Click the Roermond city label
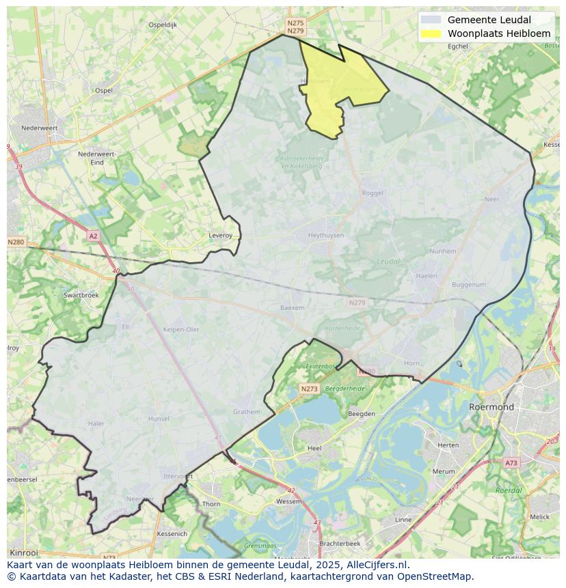tap(491, 407)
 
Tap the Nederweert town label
tap(39, 128)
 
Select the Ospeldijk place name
tap(163, 25)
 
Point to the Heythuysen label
tap(326, 235)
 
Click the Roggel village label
tap(373, 193)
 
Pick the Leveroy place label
tap(220, 236)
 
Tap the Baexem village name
tap(292, 307)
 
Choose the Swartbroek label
tap(81, 295)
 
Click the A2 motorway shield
tap(93, 236)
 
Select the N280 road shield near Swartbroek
tap(16, 242)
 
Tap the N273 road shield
tap(309, 389)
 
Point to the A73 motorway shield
tap(511, 463)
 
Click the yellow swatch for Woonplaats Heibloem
tap(431, 33)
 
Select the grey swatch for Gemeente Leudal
tap(431, 20)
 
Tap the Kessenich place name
tap(171, 533)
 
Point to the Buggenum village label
tap(468, 285)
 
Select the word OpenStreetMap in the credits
tap(435, 576)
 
